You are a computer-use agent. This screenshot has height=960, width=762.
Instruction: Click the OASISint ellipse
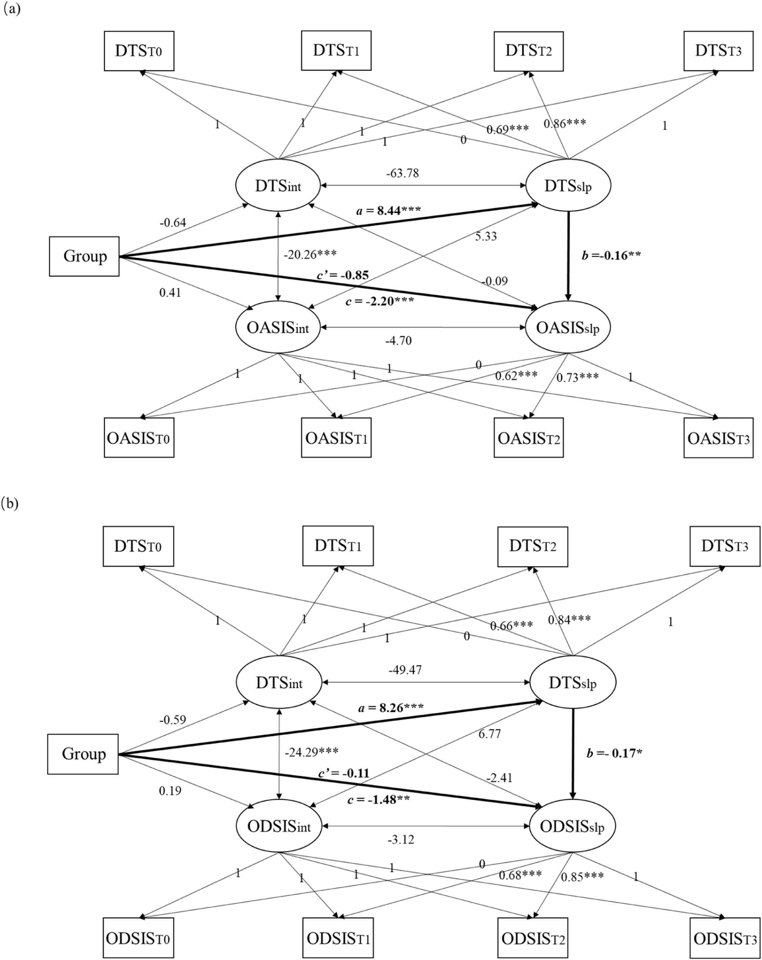click(x=278, y=328)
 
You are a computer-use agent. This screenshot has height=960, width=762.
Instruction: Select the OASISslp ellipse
click(x=568, y=328)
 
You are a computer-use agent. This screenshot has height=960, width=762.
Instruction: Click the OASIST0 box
click(x=139, y=438)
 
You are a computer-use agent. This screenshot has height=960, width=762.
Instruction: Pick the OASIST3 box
click(x=718, y=438)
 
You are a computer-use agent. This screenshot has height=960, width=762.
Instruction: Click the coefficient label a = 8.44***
click(x=388, y=210)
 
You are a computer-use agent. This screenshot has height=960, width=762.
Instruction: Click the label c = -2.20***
click(x=379, y=301)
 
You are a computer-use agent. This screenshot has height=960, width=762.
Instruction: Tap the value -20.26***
click(x=310, y=254)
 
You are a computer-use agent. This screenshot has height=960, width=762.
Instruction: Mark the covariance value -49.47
click(x=405, y=670)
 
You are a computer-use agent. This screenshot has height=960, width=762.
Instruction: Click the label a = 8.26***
click(x=390, y=707)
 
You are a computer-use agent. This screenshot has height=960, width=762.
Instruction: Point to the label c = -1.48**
click(x=379, y=800)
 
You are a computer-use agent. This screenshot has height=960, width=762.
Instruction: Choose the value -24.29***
click(x=311, y=752)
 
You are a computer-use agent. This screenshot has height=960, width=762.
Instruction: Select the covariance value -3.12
click(x=401, y=840)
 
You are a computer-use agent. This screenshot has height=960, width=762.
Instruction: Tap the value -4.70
click(x=398, y=341)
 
